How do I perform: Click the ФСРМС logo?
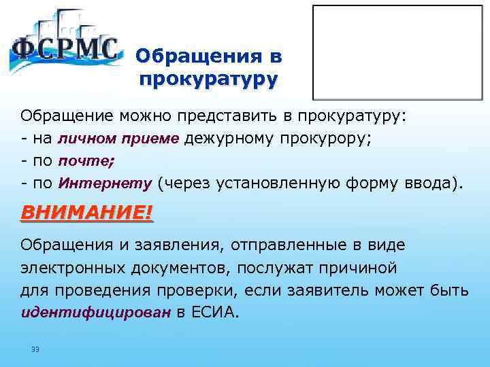pyautogui.click(x=65, y=46)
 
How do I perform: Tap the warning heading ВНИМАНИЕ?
pyautogui.click(x=87, y=212)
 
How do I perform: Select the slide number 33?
pyautogui.click(x=35, y=349)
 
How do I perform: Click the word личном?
pyautogui.click(x=88, y=139)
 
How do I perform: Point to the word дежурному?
pyautogui.click(x=231, y=139)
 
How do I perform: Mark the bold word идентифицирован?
pyautogui.click(x=93, y=314)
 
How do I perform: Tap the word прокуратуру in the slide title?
pyautogui.click(x=208, y=80)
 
